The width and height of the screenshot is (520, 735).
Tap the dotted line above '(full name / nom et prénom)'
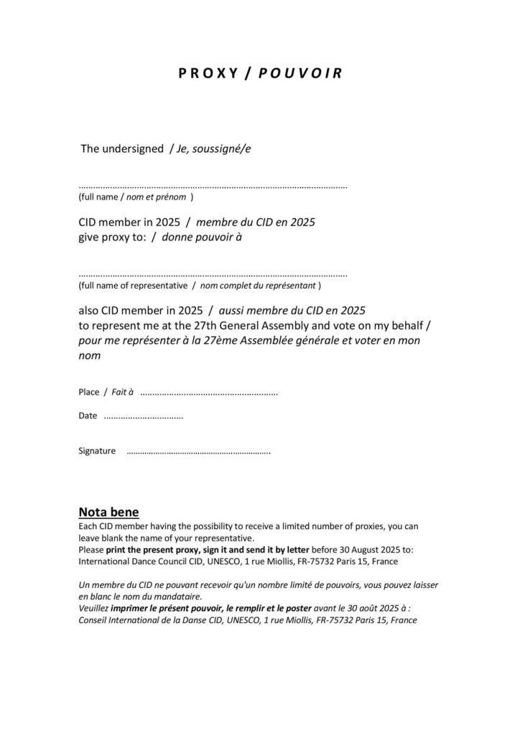(x=213, y=186)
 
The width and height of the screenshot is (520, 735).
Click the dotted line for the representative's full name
(x=213, y=275)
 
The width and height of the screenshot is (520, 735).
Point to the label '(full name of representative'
(x=134, y=286)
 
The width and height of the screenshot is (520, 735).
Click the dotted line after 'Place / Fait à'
(x=208, y=393)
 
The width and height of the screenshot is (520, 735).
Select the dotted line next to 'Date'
(x=143, y=416)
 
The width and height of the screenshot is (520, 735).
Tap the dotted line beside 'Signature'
(x=198, y=451)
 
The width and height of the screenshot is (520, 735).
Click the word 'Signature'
(x=97, y=451)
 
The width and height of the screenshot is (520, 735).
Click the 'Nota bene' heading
(x=108, y=512)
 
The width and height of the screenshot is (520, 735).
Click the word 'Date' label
(x=88, y=416)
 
